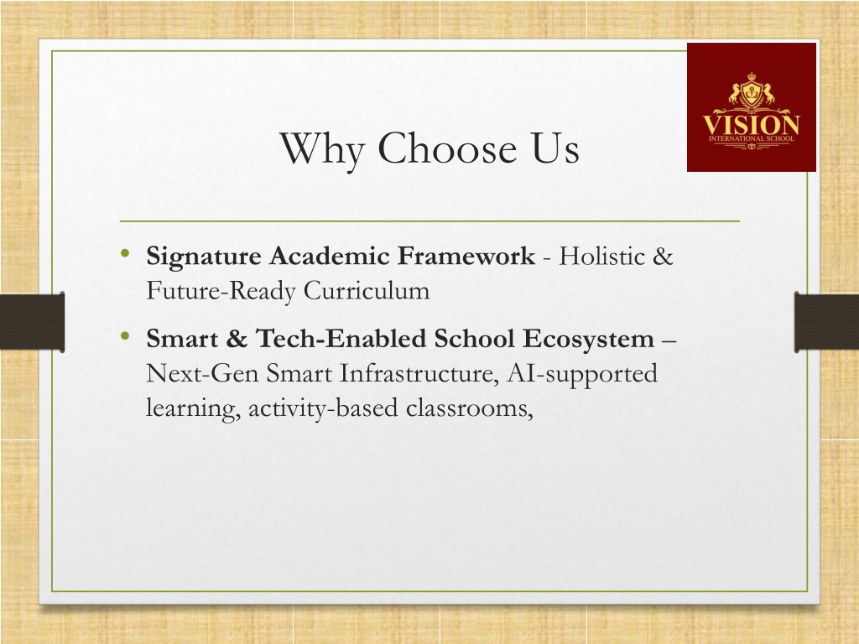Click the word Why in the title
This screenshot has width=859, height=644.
pos(322,148)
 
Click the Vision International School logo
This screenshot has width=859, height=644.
pos(751,107)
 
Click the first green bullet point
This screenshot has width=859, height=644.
pos(125,253)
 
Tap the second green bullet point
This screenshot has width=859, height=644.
pos(125,335)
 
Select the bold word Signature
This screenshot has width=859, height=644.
pos(203,257)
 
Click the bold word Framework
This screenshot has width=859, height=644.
pos(466,256)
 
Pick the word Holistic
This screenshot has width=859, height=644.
pos(601,256)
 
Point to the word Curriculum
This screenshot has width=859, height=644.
pos(367,290)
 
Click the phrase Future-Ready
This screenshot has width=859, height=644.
pos(221,291)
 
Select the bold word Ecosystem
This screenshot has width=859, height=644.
pos(588,340)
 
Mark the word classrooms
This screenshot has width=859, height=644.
pos(470,408)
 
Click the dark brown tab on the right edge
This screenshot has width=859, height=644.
pos(826,321)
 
